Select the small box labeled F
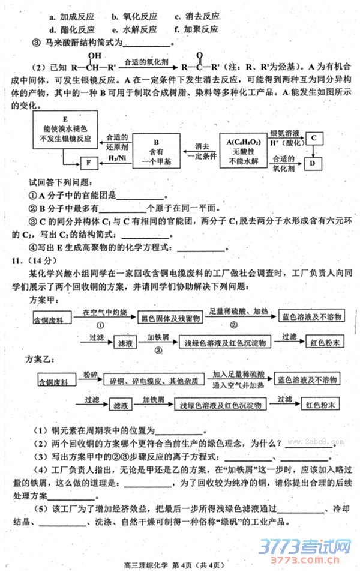click(x=88, y=162)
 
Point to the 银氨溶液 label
click(x=284, y=133)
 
